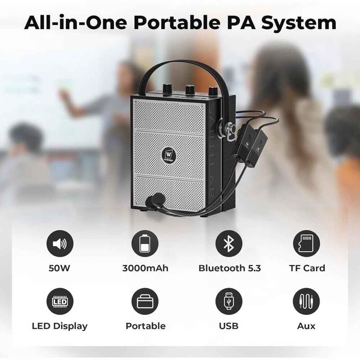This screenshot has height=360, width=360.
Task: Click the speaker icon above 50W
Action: click(60, 244)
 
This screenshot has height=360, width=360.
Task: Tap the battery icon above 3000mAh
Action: click(145, 244)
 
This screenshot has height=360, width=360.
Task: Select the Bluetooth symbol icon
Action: click(229, 244)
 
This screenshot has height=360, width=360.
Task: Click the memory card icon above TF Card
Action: click(306, 244)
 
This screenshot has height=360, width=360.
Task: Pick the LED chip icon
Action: click(60, 302)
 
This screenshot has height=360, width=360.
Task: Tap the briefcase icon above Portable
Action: click(145, 302)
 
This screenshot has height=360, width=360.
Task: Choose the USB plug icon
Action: click(229, 302)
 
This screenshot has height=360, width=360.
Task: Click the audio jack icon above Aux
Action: click(306, 302)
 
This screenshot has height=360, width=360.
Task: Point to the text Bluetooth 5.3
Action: click(230, 268)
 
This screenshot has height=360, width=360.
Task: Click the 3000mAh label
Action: click(145, 268)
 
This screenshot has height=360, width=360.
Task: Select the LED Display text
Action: click(60, 326)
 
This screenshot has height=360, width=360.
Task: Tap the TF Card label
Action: click(307, 268)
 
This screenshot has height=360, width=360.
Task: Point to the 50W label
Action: click(60, 268)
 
